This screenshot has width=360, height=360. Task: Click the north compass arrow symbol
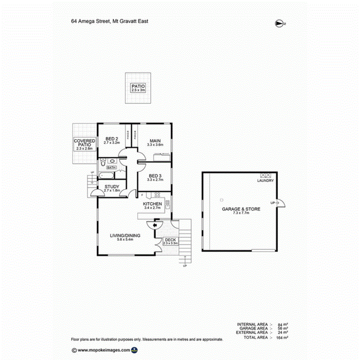pyautogui.click(x=279, y=24)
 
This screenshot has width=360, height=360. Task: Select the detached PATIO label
pyautogui.click(x=138, y=86)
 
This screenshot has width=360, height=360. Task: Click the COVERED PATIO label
pyautogui.click(x=84, y=143)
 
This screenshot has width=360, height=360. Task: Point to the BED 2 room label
pyautogui.click(x=111, y=139)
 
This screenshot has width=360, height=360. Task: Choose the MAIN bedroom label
pyautogui.click(x=155, y=140)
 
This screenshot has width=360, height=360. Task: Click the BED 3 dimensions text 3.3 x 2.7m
pyautogui.click(x=155, y=180)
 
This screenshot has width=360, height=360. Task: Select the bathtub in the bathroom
pyautogui.click(x=106, y=176)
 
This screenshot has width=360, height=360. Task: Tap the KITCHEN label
pyautogui.click(x=152, y=204)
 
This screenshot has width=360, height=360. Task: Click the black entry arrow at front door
pyautogui.click(x=155, y=226)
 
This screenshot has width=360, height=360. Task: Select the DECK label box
pyautogui.click(x=170, y=241)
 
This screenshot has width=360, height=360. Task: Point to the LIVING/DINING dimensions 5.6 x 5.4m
pyautogui.click(x=125, y=240)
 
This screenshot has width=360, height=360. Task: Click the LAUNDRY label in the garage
pyautogui.click(x=266, y=181)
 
